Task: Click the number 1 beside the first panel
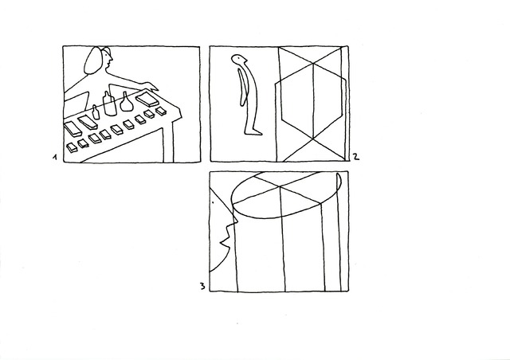[55, 158]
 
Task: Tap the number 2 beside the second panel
[356, 156]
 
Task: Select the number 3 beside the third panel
[202, 287]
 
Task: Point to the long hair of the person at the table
[92, 62]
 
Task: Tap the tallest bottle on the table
[110, 104]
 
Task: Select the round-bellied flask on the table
[126, 102]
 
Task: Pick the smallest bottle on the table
[96, 112]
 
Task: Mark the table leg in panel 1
[168, 143]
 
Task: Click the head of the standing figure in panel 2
[239, 60]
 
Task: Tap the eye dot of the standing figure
[240, 58]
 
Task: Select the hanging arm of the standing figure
[242, 87]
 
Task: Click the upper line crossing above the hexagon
[313, 63]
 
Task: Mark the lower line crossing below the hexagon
[313, 139]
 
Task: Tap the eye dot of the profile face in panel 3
[213, 202]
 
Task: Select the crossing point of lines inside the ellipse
[280, 186]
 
